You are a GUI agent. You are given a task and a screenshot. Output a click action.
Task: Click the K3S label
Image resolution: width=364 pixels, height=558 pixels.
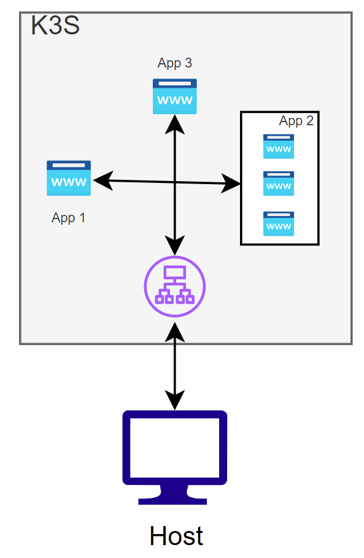(55, 25)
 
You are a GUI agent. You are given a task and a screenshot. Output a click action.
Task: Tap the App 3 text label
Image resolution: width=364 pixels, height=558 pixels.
(175, 63)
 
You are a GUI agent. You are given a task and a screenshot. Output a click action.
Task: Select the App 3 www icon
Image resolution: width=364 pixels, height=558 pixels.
(175, 96)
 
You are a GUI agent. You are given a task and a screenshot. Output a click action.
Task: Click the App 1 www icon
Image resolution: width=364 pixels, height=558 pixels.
(69, 178)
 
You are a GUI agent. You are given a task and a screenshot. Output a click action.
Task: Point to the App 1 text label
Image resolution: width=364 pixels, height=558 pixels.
(68, 217)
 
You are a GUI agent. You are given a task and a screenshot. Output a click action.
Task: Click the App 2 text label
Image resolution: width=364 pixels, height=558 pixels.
(296, 121)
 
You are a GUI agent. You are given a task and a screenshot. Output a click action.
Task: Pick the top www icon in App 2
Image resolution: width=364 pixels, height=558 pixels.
(279, 146)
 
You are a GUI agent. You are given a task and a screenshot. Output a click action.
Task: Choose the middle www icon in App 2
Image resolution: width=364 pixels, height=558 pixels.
(279, 184)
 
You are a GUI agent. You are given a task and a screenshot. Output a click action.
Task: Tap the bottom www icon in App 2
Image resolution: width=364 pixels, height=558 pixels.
(279, 223)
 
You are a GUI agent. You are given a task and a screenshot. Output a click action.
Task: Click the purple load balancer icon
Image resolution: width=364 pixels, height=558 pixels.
(175, 286)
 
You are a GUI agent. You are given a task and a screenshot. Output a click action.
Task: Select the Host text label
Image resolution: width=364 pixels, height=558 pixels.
(176, 535)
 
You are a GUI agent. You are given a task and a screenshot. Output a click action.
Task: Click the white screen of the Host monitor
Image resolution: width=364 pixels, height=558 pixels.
(175, 448)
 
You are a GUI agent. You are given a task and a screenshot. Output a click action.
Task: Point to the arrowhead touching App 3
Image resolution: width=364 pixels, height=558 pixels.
(175, 124)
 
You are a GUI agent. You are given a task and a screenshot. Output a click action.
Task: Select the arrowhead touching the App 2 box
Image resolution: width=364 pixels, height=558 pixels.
(231, 184)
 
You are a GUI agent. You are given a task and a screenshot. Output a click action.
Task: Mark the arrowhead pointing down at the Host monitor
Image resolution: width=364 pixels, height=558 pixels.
(175, 400)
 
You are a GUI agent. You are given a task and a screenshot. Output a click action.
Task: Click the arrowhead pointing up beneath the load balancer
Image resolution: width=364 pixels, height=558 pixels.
(175, 332)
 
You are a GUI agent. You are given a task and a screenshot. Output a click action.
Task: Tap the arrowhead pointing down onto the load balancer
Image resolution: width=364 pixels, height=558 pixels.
(175, 246)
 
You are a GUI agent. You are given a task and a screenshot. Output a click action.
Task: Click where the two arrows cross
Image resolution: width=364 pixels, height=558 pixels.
(175, 182)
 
